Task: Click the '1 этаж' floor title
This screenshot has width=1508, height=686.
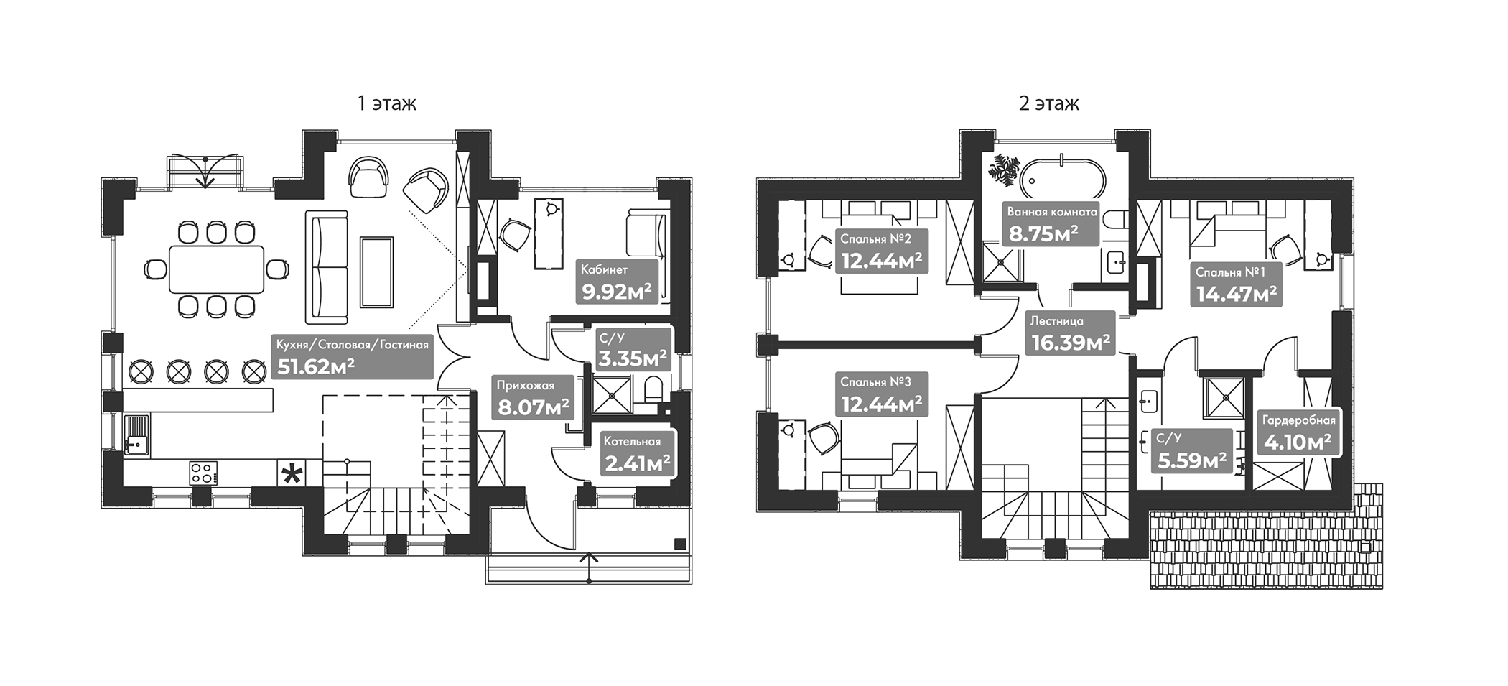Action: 387,103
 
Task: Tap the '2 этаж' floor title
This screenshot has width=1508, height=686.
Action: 1048,103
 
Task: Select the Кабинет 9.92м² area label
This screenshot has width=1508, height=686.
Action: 617,282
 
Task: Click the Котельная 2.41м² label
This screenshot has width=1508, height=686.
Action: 637,454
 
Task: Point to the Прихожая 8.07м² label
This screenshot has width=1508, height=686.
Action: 534,398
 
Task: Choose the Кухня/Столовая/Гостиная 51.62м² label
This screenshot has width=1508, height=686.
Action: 353,356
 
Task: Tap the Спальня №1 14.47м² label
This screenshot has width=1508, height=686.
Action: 1235,284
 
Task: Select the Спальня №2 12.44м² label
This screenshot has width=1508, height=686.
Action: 881,251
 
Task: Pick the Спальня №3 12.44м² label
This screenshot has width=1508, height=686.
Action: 881,394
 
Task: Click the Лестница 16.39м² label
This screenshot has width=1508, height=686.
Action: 1070,333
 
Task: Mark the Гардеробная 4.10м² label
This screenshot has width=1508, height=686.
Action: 1299,432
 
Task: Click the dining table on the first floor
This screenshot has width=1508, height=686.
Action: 216,269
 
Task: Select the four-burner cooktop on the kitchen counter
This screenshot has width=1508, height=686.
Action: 203,472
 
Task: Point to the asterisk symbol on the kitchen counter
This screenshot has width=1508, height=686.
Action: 292,474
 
